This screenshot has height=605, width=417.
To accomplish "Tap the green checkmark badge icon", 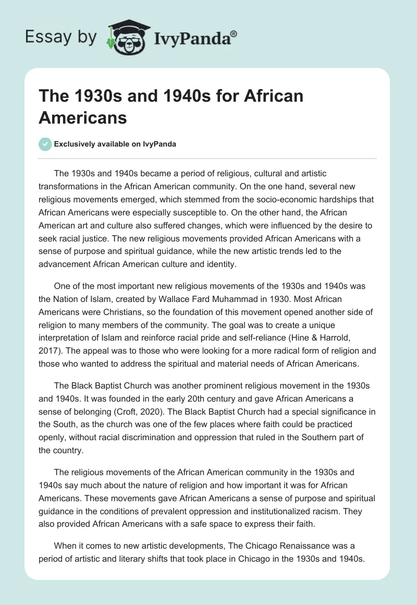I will tap(45, 144).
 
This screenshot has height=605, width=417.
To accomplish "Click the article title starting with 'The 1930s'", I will tap(171, 106).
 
